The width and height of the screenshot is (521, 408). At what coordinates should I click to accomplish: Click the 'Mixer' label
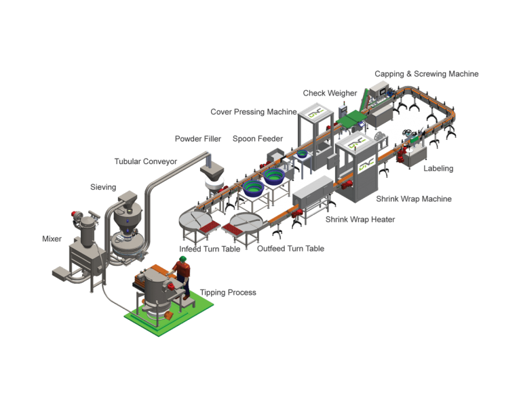pos(52,239)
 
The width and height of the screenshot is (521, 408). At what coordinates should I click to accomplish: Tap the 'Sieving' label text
pos(103,186)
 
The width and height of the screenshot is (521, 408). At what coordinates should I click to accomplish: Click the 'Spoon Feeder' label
pos(257,139)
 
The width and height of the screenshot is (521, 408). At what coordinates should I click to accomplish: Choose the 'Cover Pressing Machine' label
pos(253,112)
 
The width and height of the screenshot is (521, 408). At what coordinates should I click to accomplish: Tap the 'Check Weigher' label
pos(330,93)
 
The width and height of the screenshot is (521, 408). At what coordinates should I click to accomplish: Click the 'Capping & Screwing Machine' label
pos(426,73)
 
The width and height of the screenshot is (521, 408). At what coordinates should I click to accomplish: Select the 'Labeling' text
pos(438,167)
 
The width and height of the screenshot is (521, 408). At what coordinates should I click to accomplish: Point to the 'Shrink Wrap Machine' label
pos(414,199)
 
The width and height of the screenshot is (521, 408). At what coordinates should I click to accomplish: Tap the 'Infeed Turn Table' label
pos(210,249)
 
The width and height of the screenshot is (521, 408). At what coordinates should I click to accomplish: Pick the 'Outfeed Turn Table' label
pos(290,249)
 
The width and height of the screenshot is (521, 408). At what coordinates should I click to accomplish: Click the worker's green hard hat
pos(181,258)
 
